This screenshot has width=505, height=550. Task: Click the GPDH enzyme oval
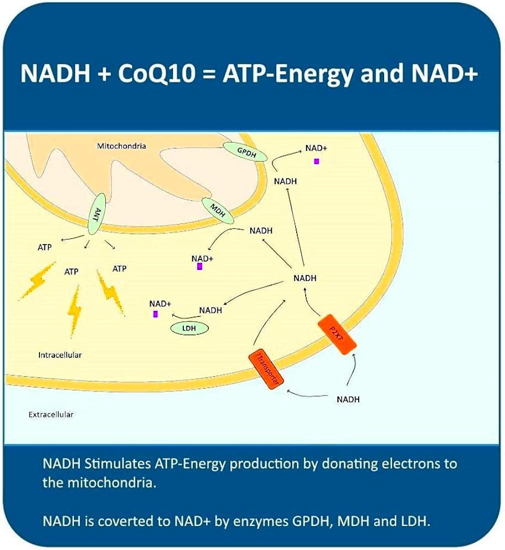point(245,151)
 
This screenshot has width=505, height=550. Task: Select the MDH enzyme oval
point(218,210)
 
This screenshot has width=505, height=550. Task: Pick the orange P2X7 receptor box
point(338,334)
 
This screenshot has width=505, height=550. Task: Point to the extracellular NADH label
point(348,399)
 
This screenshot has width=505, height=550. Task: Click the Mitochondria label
point(121,146)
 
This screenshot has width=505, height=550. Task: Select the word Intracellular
point(60,355)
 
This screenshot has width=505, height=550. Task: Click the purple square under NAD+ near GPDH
point(316,161)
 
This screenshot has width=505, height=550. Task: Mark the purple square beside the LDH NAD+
point(156,314)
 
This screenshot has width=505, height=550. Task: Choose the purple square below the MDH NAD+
point(199,266)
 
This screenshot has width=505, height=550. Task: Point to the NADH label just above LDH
point(210,310)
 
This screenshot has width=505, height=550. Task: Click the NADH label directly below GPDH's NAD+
point(285,181)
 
